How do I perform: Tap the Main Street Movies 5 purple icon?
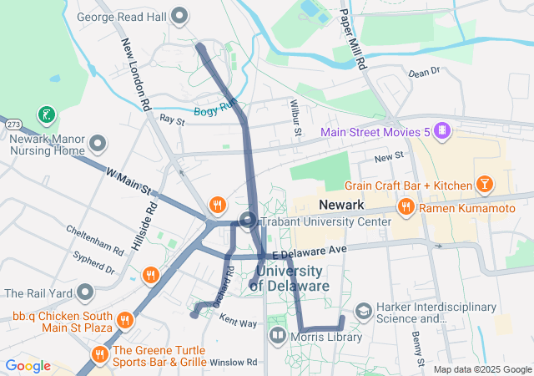coord(442,132)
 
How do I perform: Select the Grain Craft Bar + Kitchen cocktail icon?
coord(484,183)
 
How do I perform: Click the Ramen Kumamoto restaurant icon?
coord(406,206)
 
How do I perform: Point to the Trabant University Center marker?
coord(248,221)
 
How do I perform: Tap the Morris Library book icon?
coord(277,336)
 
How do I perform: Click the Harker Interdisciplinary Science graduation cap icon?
coord(364,311)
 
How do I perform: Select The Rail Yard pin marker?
coord(84,293)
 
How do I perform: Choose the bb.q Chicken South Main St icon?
coord(124,318)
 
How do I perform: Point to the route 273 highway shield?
coord(13,124)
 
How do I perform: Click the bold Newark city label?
coord(340,205)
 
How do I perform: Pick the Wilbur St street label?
coord(295,118)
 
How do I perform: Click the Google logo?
coord(28,366)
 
